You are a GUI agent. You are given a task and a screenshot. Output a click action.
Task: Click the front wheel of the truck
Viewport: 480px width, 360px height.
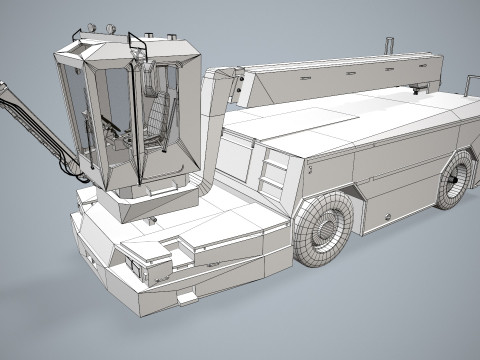[x=323, y=227]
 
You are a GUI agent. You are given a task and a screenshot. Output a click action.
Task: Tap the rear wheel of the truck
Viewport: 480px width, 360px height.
[x=456, y=180]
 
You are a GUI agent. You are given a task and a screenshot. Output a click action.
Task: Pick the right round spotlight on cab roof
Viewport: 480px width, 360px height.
[x=109, y=26]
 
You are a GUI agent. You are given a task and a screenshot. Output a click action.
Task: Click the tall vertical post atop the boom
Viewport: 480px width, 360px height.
[x=388, y=48]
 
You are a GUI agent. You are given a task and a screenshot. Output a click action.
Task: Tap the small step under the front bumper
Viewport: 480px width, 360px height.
[x=186, y=297]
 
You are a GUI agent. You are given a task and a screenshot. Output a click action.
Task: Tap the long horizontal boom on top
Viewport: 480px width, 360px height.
[x=340, y=73]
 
